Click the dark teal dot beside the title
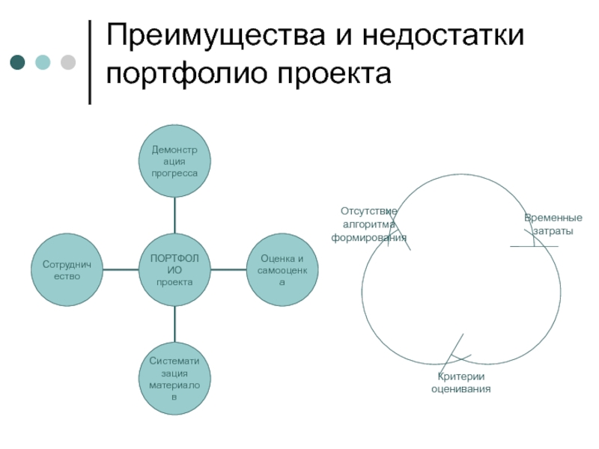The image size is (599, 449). [16, 62]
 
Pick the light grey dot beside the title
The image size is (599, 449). [67, 62]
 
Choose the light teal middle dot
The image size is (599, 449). [42, 62]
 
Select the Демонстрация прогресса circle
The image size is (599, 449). [174, 162]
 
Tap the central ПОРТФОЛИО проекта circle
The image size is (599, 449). [174, 270]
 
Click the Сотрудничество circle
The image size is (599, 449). [67, 270]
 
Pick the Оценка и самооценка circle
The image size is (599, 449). [282, 270]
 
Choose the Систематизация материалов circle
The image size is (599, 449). [174, 379]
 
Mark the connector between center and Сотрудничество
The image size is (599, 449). [121, 270]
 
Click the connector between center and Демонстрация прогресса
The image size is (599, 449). [174, 216]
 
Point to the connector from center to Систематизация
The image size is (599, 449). [174, 324]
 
